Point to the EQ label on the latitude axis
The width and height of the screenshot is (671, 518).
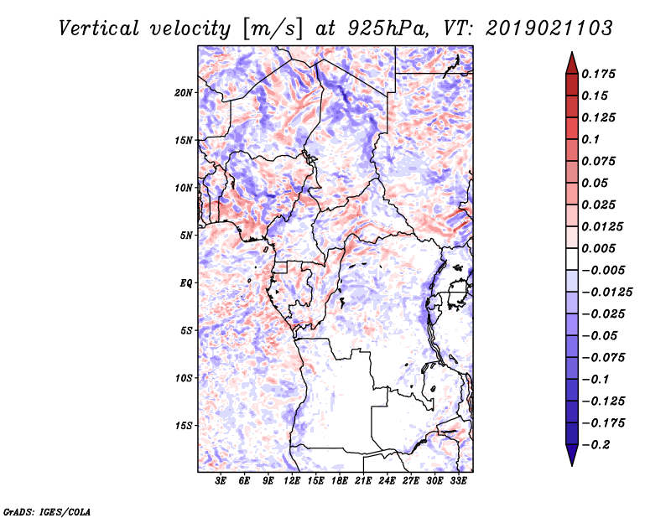185,282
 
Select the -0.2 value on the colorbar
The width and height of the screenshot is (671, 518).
600,444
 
